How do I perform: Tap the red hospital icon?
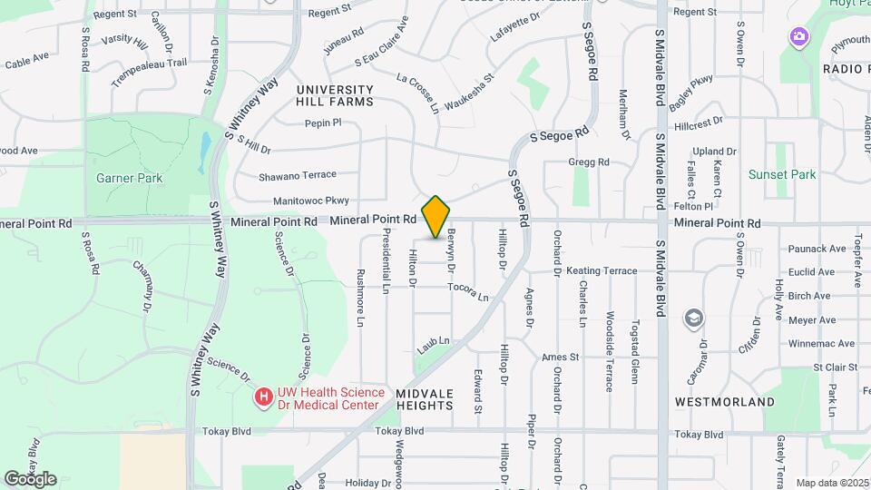point(263,397)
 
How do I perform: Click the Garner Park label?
point(129,178)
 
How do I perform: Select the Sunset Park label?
point(782,174)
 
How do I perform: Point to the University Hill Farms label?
point(335,95)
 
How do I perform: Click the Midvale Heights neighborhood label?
point(424,398)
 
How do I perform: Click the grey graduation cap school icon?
point(694,318)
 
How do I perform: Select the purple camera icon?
point(799,37)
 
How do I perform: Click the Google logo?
point(30,479)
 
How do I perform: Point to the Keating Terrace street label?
point(602,270)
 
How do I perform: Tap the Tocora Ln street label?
point(468,291)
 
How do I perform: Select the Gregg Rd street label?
point(589,162)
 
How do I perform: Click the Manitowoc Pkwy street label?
point(311,201)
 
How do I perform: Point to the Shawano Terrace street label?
point(298,174)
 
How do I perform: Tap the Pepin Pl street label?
point(322,123)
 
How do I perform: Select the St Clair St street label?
point(835,367)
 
